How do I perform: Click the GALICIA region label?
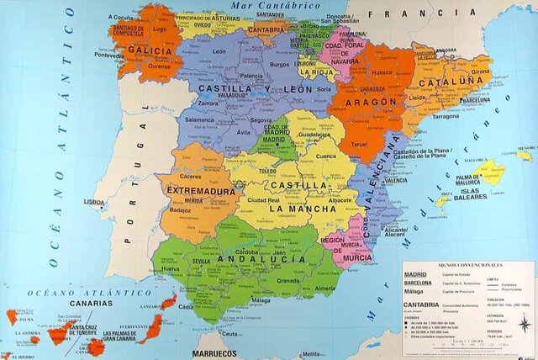(150, 50)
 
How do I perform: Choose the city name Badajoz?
(181, 210)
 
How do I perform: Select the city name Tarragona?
(446, 116)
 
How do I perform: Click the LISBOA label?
(95, 202)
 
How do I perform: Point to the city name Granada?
(288, 281)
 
